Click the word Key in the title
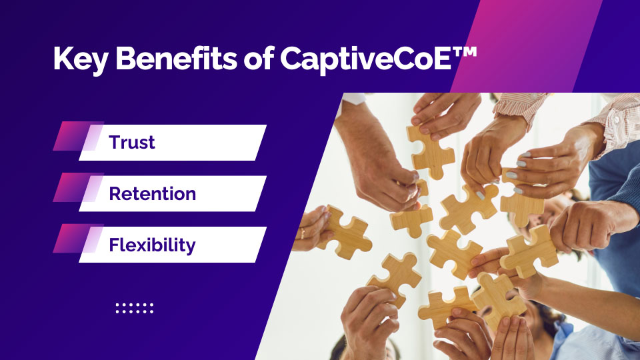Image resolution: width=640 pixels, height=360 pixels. [x=81, y=59]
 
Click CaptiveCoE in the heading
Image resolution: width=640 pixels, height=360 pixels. [x=365, y=59]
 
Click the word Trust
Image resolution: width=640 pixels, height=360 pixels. [x=132, y=143]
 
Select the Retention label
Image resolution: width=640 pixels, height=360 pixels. [x=152, y=193]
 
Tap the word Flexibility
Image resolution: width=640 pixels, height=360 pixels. [x=152, y=245]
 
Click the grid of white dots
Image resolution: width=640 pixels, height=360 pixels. [x=134, y=308]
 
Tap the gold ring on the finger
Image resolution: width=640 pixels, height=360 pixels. [x=303, y=233]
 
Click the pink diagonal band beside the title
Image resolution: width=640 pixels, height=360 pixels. [x=527, y=46]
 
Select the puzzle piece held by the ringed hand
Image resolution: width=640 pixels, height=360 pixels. [x=344, y=233]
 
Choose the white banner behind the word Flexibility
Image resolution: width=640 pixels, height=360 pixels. [x=173, y=245]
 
